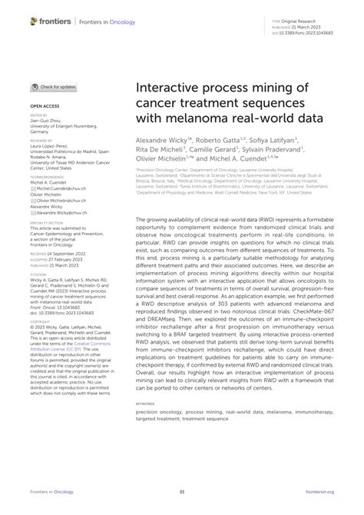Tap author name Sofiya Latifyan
(x=277, y=142)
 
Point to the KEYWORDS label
(x=145, y=402)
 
